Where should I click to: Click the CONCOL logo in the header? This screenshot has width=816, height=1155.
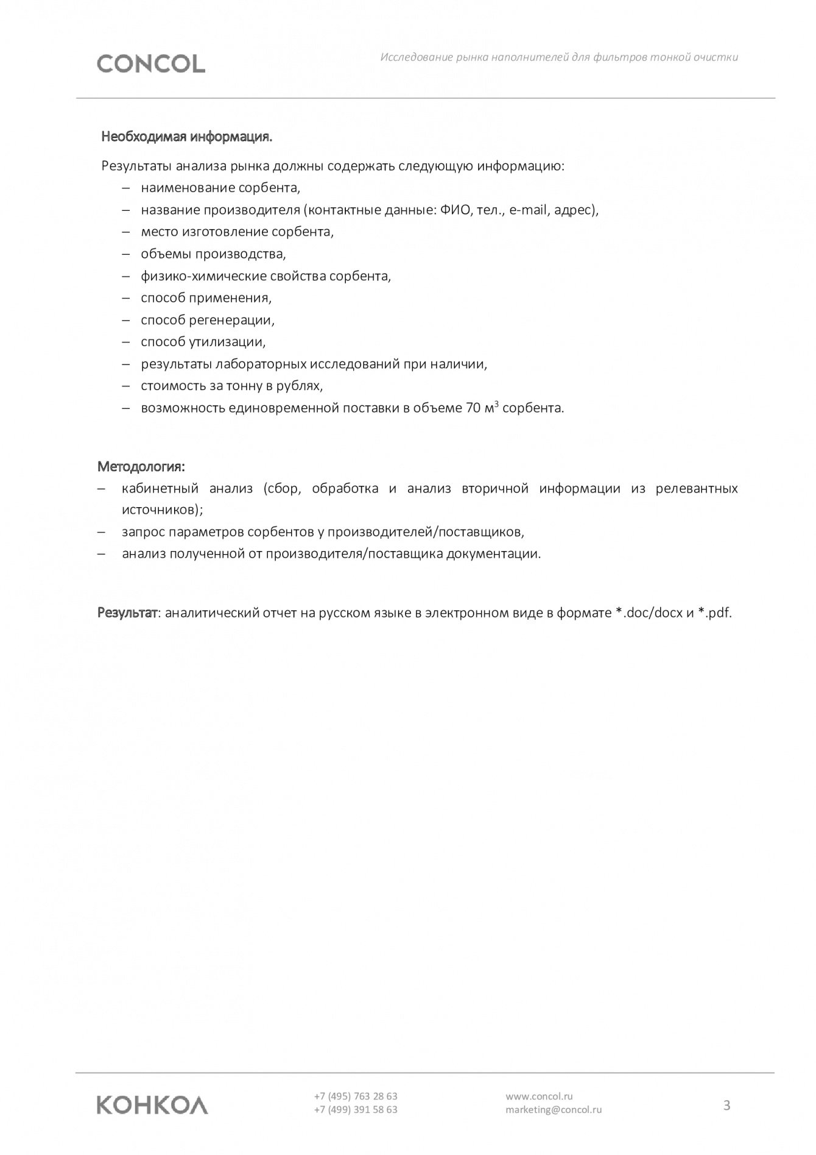click(x=151, y=63)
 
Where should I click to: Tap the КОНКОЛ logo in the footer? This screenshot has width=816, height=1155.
click(x=152, y=1105)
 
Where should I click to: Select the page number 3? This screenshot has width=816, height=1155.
click(x=726, y=1105)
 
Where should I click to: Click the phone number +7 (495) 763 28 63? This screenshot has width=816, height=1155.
click(x=356, y=1096)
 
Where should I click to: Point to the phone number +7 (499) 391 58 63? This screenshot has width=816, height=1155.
click(x=356, y=1110)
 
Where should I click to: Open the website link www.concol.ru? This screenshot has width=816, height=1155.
click(x=539, y=1096)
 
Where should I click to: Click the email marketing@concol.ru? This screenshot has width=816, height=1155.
click(x=554, y=1110)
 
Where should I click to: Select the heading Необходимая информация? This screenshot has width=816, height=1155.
click(x=186, y=137)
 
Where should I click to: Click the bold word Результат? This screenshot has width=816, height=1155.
click(x=127, y=613)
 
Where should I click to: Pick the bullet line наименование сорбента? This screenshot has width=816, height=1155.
click(x=220, y=188)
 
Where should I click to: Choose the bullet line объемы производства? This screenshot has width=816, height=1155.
click(x=213, y=254)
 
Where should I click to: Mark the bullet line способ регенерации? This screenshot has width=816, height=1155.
click(x=208, y=319)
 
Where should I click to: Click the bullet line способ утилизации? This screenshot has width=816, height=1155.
click(x=203, y=341)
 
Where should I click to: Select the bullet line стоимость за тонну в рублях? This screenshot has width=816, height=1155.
click(x=231, y=386)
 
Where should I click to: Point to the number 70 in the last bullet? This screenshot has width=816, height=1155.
click(x=473, y=408)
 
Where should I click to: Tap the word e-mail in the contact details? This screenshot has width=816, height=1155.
click(x=528, y=210)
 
